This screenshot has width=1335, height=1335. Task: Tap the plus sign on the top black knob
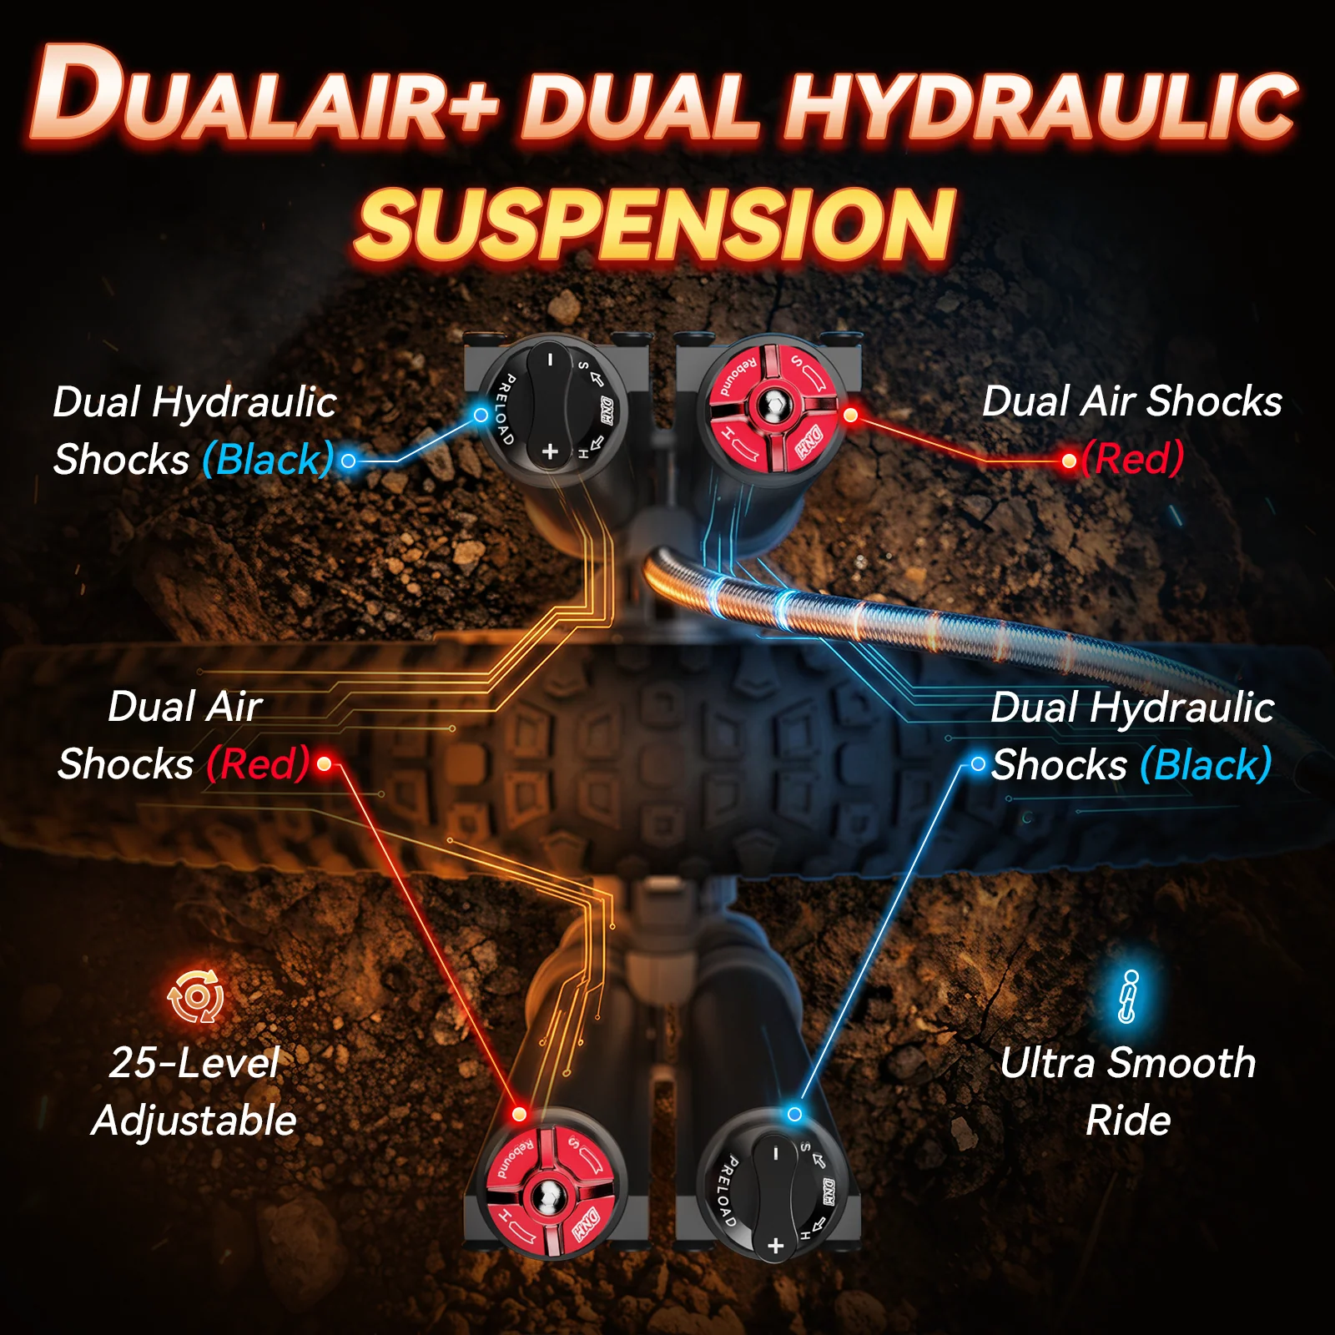[x=550, y=451]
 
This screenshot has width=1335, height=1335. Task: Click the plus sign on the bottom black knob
[x=776, y=1246]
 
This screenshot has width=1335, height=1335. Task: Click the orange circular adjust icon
[x=196, y=996]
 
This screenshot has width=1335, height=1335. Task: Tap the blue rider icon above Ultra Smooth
[x=1128, y=996]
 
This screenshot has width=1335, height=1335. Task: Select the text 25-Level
[x=194, y=1063]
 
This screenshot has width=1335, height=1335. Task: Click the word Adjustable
[x=194, y=1121]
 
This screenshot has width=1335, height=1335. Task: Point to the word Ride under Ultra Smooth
[x=1128, y=1120]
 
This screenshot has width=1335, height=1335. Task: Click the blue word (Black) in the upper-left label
[x=268, y=459]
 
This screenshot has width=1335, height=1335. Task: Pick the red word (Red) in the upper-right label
[x=1132, y=459]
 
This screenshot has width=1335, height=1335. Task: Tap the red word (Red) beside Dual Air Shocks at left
[x=259, y=763]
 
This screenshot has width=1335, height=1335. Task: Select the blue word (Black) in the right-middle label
[x=1206, y=764]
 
